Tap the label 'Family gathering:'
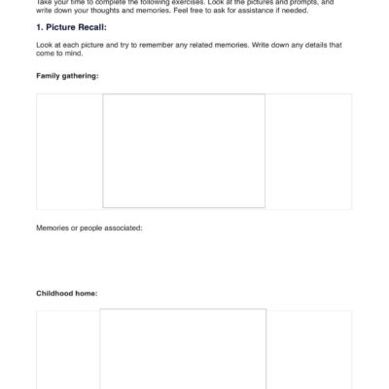point(68,75)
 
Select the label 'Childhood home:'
point(67,292)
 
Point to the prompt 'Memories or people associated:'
point(89,228)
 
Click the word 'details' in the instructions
point(301,45)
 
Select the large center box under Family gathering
point(184,151)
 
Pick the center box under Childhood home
point(183,349)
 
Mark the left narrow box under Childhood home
point(68,350)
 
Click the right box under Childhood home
point(309,350)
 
